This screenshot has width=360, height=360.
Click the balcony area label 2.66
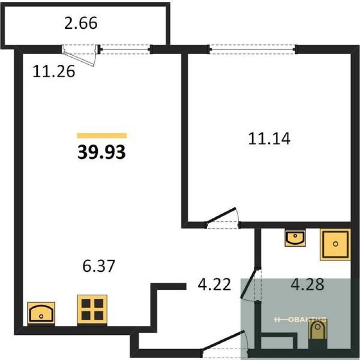point(81,23)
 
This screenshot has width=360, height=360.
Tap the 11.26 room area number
point(54,71)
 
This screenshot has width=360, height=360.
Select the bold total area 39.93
point(102,152)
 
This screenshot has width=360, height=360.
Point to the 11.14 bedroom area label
point(269,139)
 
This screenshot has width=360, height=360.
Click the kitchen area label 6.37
point(99,266)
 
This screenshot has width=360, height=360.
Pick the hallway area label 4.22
point(214,284)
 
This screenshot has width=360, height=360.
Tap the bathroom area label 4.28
point(307,284)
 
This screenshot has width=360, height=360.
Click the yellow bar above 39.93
point(102,136)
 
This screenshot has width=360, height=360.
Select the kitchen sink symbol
point(41,313)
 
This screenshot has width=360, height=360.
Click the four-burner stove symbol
point(92,309)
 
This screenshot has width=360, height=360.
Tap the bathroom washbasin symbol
point(295,238)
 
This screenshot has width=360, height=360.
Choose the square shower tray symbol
point(335,244)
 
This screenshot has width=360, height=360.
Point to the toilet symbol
point(318,330)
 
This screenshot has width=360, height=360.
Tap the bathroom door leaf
point(248,285)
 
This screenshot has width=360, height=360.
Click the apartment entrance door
point(224,341)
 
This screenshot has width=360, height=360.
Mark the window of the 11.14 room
point(252,49)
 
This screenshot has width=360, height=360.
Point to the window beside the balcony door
point(125,49)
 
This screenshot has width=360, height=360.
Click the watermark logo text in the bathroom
point(300,319)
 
